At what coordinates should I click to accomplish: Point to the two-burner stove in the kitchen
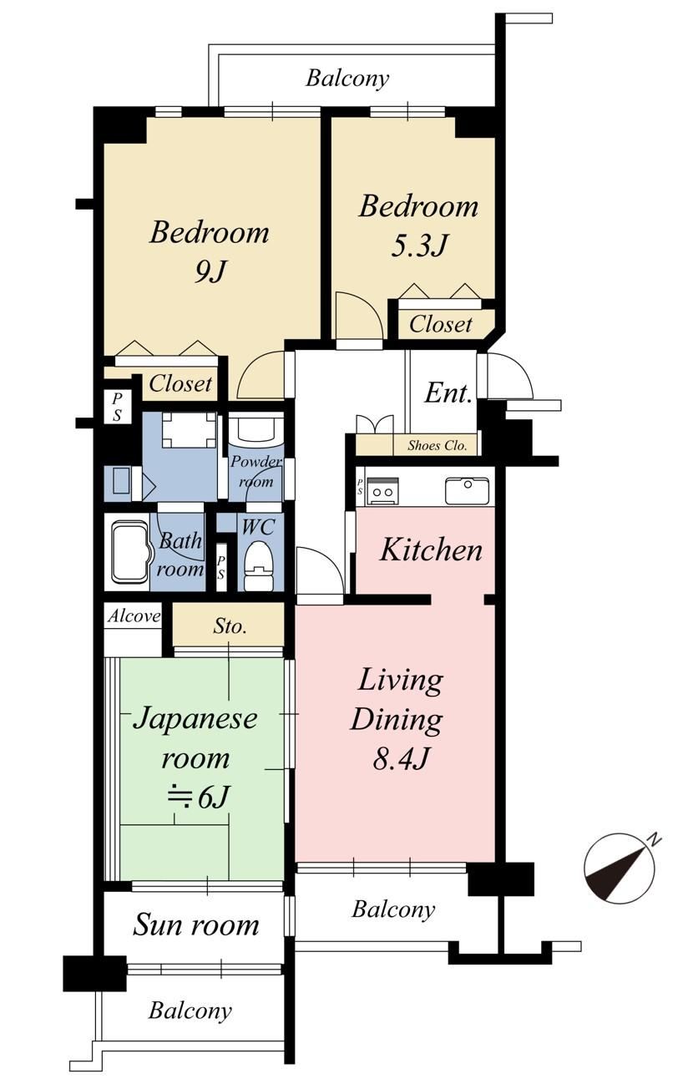coord(382,490)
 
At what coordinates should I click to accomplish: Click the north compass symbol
coord(621,869)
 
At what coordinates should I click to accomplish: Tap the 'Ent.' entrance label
coord(448,393)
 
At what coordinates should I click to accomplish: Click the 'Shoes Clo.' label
coord(437,445)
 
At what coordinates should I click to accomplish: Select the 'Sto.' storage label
coord(230,626)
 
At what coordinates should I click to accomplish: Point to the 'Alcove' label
coord(134,616)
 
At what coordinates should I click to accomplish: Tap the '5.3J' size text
coord(418,246)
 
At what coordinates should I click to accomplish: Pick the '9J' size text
coord(210,272)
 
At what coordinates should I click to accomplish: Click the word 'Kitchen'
coord(431,550)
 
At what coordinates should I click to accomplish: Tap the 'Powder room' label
coord(255,471)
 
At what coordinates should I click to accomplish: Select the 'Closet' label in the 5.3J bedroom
coord(440,324)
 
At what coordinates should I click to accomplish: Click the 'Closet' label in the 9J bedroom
coord(180,384)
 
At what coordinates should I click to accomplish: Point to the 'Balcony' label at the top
coord(347,78)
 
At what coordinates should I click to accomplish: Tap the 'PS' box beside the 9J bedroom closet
coord(117,407)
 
